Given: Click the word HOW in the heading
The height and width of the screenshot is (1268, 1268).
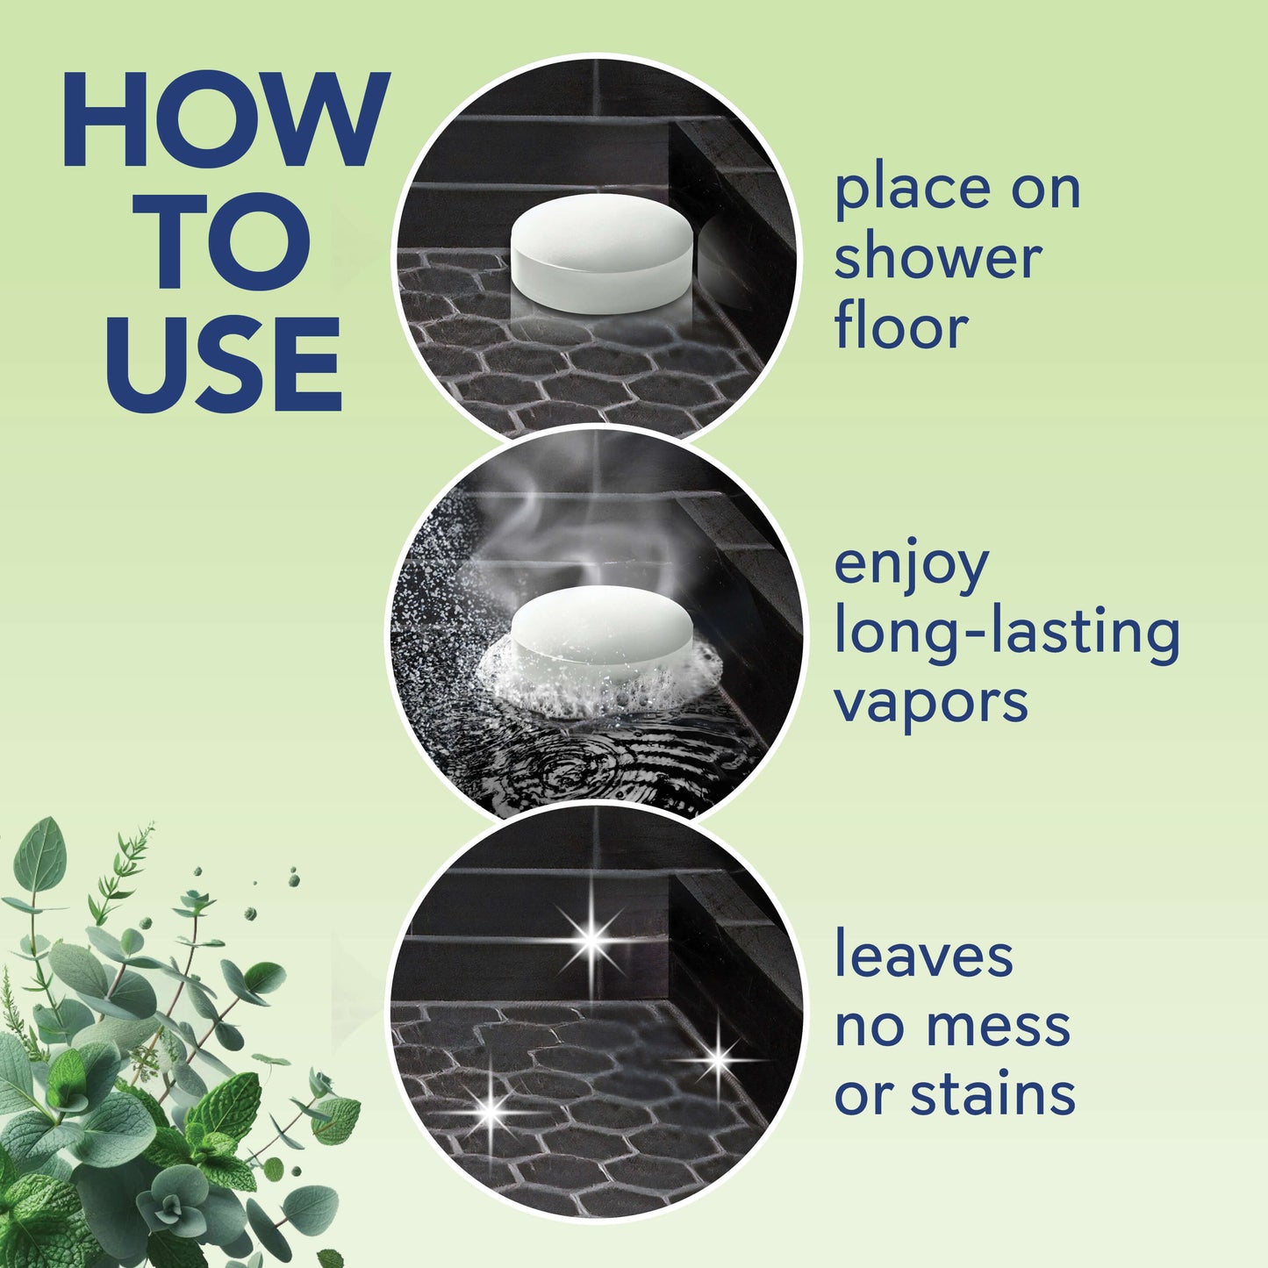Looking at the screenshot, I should pos(225,120).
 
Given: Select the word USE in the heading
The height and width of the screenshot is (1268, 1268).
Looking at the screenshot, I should pos(224,364).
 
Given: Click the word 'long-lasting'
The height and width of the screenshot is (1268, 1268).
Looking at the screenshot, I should pos(1007,634).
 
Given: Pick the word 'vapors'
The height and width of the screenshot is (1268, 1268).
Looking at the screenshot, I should pos(930,703).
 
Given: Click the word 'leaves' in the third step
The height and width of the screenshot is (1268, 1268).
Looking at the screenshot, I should pos(923,956).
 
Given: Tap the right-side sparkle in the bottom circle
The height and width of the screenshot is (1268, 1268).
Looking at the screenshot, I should pos(718,1059).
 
